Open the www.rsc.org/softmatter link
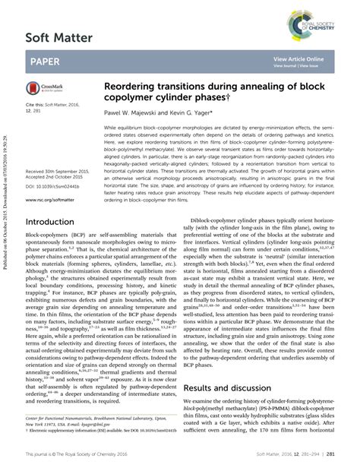[x=55, y=201]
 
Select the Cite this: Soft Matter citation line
[x=55, y=103]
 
